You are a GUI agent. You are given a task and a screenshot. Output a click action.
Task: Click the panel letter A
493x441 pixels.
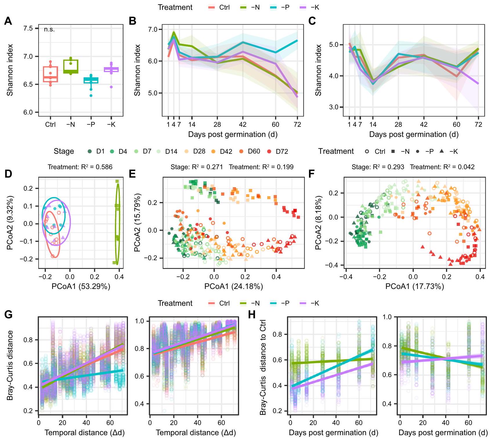pos(8,21)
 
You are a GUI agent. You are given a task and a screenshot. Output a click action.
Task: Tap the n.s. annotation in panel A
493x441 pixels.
pos(49,29)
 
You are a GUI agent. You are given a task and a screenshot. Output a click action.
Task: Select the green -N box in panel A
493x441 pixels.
pos(71,67)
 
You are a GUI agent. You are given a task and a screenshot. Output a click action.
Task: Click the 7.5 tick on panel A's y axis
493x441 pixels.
pos(28,28)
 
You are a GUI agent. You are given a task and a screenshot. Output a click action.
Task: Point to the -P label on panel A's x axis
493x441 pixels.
pos(91,125)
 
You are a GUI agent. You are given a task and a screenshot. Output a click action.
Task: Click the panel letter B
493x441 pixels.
pos(133,21)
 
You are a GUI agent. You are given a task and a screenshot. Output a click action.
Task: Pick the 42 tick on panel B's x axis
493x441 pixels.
pos(243,125)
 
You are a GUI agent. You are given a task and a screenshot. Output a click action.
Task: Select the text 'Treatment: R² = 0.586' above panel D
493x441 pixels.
pos(80,167)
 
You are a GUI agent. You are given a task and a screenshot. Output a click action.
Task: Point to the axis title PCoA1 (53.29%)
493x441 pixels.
pos(81,287)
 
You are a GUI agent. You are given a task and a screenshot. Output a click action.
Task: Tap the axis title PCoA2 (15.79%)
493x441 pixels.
pos(138,222)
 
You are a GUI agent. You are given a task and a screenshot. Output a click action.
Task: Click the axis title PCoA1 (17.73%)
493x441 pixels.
pos(415,287)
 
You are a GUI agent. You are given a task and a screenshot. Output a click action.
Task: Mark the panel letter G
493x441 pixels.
pos(8,315)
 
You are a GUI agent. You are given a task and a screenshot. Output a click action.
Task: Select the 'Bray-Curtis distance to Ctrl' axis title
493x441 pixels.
pos(263,367)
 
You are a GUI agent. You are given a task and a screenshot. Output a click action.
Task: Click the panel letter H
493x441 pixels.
pos(252,315)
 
